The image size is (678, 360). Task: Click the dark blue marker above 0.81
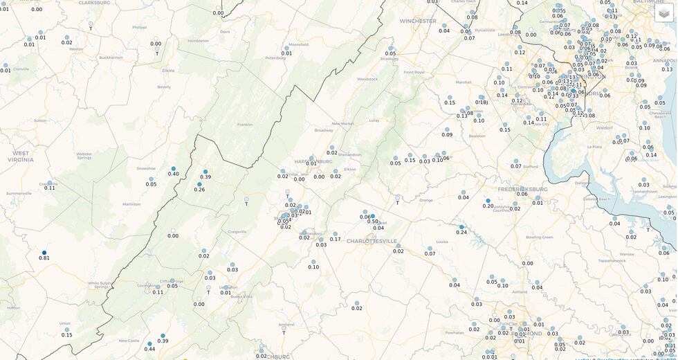44,253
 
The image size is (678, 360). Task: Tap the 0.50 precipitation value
373,222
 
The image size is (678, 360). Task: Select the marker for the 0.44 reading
149,349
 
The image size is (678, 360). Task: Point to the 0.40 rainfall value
173,174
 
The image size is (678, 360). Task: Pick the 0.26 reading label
199,190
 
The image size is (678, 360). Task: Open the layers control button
664,13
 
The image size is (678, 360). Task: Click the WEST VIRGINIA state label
21,156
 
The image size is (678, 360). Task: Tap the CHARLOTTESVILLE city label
372,241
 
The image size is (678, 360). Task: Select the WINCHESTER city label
418,21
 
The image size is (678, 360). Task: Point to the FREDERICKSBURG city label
522,188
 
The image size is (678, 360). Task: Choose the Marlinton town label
131,204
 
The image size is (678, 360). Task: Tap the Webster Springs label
84,156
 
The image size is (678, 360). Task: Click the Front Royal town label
414,72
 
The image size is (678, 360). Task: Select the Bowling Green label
540,237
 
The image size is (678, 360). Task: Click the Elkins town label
168,71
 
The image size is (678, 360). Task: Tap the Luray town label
374,120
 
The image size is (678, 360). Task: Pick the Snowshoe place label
146,168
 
